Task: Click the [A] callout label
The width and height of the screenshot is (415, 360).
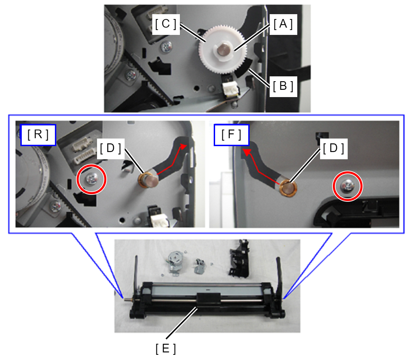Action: (283, 24)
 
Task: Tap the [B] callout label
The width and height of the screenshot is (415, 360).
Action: (283, 86)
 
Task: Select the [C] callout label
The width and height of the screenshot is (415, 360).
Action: (166, 24)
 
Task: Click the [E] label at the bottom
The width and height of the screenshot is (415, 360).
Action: (166, 349)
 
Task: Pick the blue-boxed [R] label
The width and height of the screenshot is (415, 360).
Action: (38, 135)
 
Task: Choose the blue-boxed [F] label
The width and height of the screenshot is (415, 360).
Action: (231, 135)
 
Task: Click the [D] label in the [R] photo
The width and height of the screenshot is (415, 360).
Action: (110, 149)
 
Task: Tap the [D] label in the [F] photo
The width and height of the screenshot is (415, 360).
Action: (334, 149)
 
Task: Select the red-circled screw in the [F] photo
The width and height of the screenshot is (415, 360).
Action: (348, 187)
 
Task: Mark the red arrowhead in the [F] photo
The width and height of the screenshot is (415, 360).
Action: (247, 152)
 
